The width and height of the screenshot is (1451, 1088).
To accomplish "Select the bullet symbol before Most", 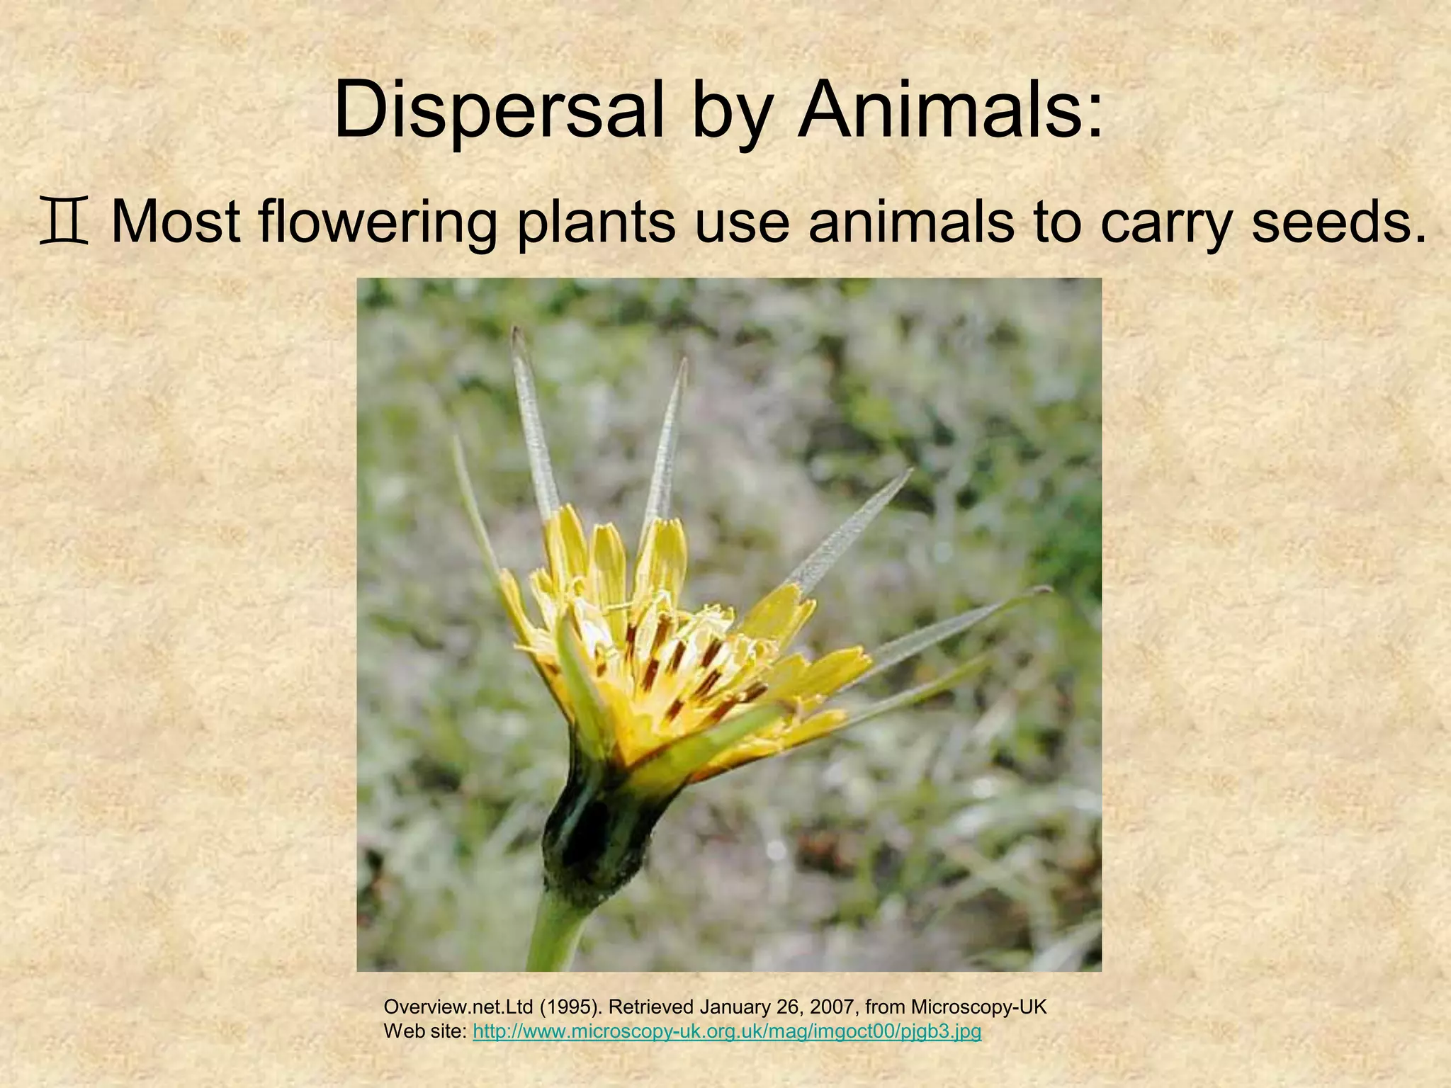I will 64,223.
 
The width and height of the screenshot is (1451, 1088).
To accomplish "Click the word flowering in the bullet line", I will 377,223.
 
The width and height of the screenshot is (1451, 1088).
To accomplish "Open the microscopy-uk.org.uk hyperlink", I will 726,1031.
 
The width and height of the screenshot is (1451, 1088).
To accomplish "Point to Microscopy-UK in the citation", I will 978,1007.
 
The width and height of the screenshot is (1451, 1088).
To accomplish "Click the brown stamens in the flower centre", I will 680,659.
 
